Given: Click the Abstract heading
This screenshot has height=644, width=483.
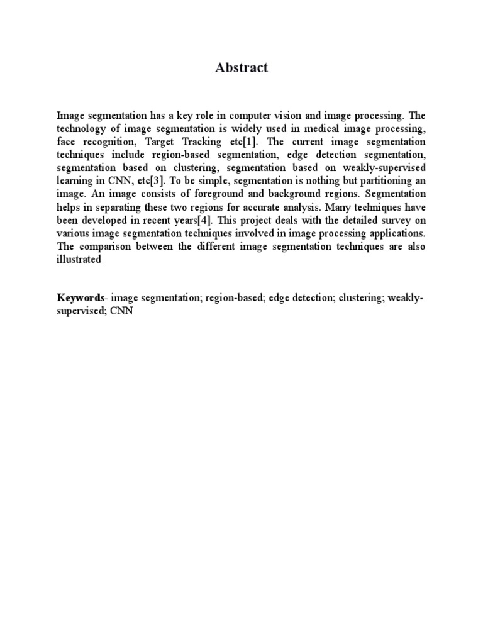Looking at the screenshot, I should [x=241, y=68].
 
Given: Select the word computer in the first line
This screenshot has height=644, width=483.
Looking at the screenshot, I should [x=250, y=116].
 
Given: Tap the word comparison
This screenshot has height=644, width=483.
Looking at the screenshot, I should [x=106, y=247].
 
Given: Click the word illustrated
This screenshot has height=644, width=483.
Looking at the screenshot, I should [x=79, y=259].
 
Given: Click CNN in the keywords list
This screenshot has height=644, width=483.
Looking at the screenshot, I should [x=121, y=311].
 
